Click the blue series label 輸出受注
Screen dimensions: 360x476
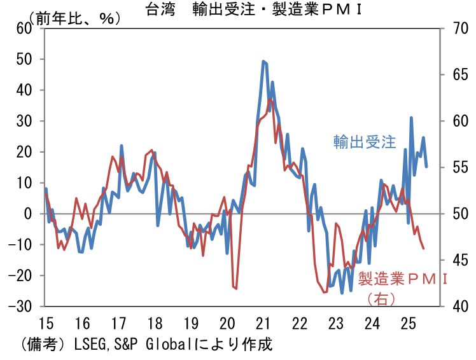point(365,142)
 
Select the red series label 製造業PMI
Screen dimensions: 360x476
point(403,279)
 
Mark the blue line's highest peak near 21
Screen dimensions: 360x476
point(263,61)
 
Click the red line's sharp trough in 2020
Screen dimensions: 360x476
point(235,289)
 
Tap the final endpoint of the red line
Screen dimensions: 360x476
point(424,248)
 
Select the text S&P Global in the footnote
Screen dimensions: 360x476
point(148,345)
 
